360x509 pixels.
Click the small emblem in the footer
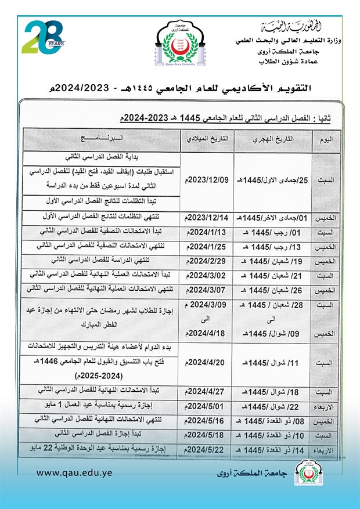pyautogui.click(x=303, y=473)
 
